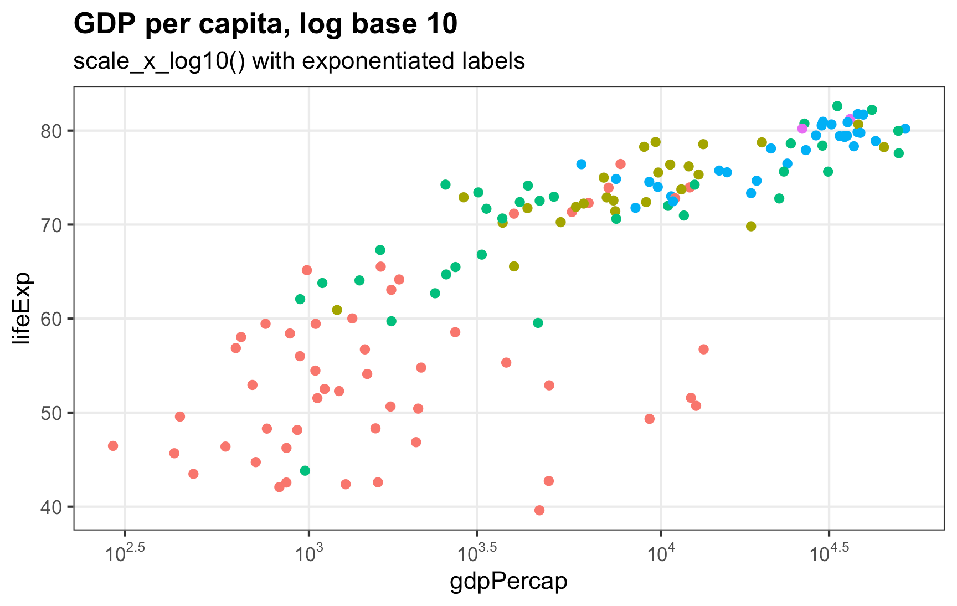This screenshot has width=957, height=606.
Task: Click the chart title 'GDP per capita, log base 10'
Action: pyautogui.click(x=265, y=24)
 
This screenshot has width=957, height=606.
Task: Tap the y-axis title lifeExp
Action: pyautogui.click(x=23, y=308)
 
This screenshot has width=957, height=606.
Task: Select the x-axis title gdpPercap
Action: pyautogui.click(x=508, y=581)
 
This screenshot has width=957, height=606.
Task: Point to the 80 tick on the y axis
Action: pyautogui.click(x=54, y=131)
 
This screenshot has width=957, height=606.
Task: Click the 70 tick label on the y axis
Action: pyautogui.click(x=54, y=225)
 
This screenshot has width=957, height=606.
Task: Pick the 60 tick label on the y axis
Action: pyautogui.click(x=54, y=319)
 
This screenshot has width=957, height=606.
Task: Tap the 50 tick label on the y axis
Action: pyautogui.click(x=54, y=413)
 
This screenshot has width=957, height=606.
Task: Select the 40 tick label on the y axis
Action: pyautogui.click(x=54, y=507)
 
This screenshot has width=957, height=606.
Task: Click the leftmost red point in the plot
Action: pyautogui.click(x=113, y=446)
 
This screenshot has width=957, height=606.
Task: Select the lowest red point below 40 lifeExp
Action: pyautogui.click(x=539, y=510)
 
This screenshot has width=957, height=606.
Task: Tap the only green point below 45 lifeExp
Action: pyautogui.click(x=305, y=471)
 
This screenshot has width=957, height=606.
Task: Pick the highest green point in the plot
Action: pyautogui.click(x=837, y=106)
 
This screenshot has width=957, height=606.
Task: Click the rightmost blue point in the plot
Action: pyautogui.click(x=905, y=129)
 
